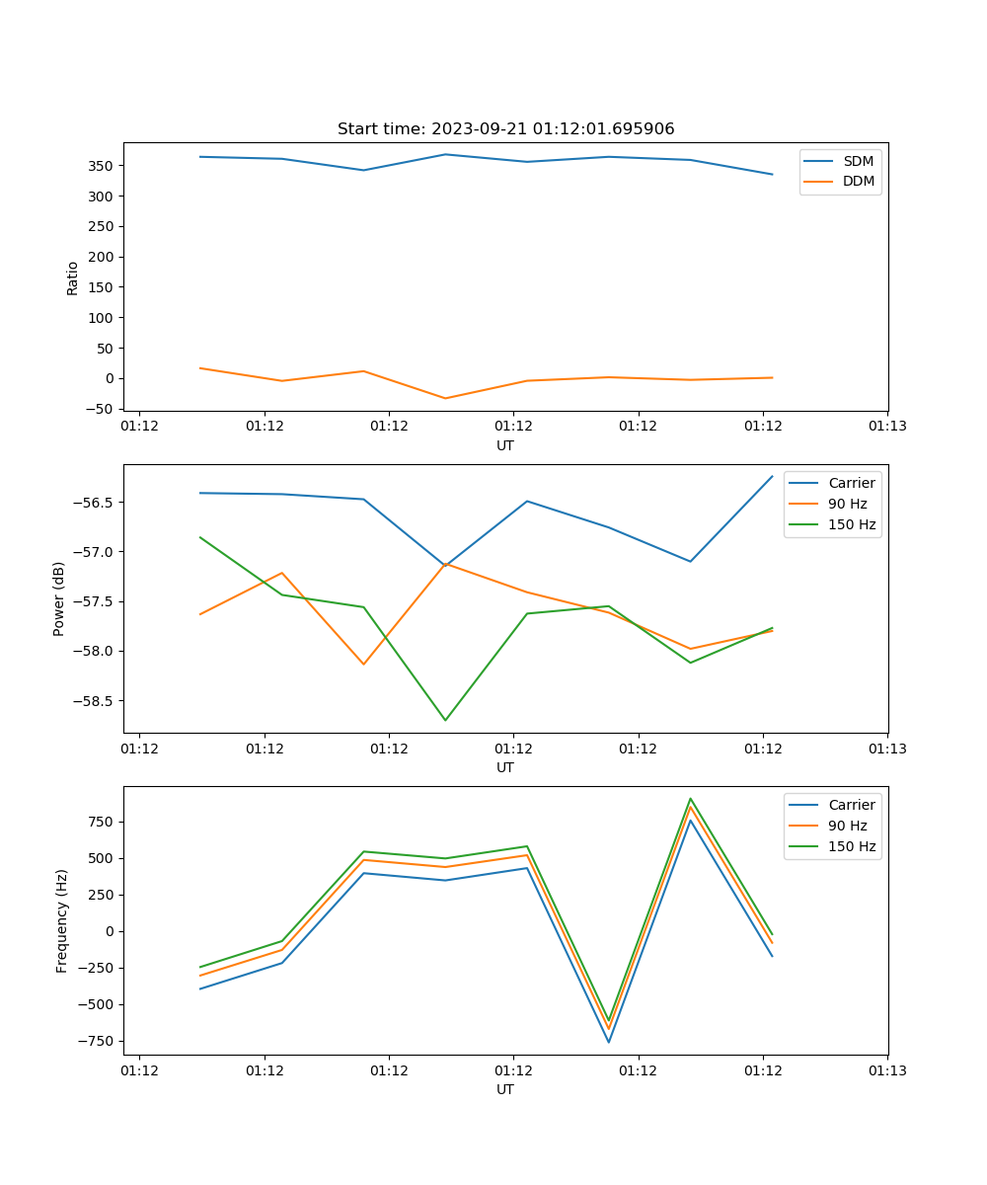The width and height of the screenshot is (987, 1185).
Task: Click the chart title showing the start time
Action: [505, 129]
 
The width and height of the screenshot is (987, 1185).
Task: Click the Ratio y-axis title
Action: [72, 277]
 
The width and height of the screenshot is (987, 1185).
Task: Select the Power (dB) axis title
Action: [59, 598]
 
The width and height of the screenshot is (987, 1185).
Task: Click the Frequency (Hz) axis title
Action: [62, 920]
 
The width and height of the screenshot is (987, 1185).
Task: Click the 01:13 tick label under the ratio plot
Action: [887, 427]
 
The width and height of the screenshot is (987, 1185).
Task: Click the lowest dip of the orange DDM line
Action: [445, 398]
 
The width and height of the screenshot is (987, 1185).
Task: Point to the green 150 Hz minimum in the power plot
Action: [445, 720]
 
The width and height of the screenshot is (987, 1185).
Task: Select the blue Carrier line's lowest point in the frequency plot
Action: [608, 1042]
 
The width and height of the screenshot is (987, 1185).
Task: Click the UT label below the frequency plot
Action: [505, 1089]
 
